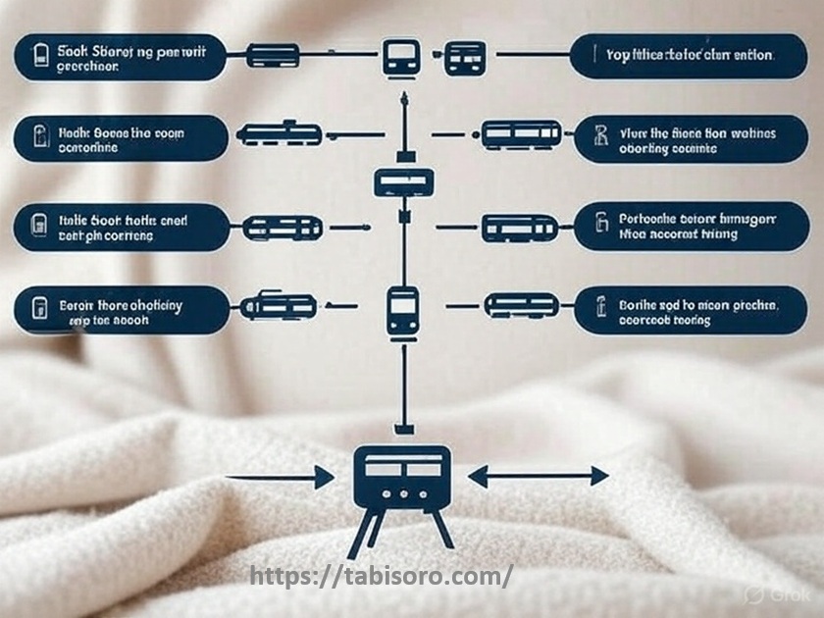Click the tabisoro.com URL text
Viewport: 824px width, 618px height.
pos(381,576)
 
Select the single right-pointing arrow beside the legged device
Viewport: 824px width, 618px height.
pos(280,479)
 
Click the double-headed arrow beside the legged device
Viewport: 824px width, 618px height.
pos(538,477)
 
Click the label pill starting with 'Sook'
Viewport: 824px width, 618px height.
pos(121,57)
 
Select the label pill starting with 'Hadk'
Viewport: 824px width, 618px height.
pos(121,138)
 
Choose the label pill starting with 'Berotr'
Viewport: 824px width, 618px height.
pos(121,311)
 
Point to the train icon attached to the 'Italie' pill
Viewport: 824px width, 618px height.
pos(283,229)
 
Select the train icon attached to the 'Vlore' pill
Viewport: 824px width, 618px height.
pos(519,134)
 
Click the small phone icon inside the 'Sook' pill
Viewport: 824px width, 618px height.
pos(40,56)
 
